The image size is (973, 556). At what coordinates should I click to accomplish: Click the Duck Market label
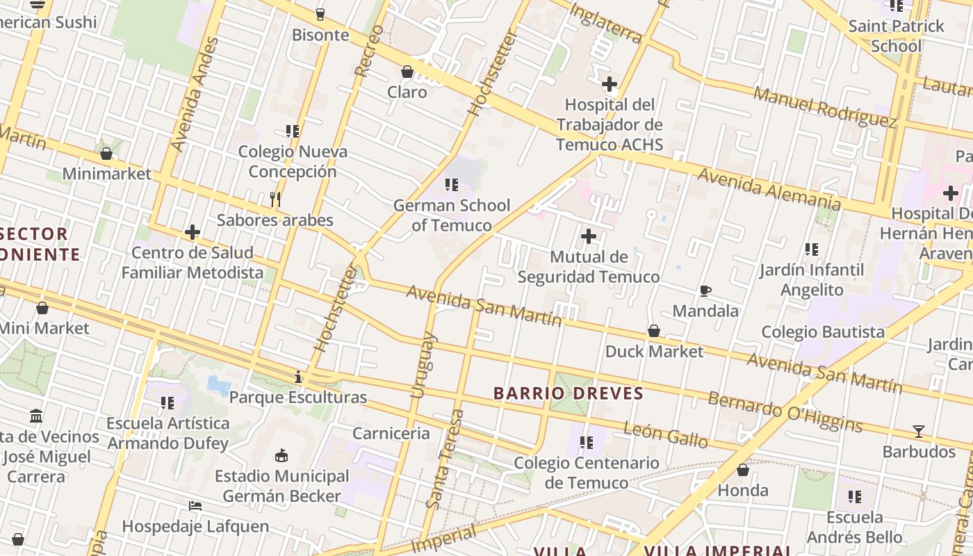654,352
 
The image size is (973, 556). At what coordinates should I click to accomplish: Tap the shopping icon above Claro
407,72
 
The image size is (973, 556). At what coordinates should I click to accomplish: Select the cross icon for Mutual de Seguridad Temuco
589,236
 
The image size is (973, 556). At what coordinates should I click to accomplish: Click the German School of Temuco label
452,215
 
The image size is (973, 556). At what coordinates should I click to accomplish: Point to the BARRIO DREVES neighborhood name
569,393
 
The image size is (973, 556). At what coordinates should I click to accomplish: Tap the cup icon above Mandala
705,291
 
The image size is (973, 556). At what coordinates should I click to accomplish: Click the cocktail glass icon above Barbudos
919,432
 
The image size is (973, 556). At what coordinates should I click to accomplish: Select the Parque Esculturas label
297,398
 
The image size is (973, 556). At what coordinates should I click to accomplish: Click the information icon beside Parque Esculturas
298,377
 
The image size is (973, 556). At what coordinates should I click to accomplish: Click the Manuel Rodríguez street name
825,107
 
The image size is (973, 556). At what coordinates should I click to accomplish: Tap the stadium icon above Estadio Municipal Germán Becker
281,456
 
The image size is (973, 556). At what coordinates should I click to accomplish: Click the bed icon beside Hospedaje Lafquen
195,506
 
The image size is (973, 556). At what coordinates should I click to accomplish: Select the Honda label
743,491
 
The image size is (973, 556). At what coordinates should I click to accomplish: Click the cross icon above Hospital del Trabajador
610,85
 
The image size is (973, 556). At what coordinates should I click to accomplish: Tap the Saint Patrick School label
896,36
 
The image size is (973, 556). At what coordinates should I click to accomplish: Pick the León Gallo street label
665,435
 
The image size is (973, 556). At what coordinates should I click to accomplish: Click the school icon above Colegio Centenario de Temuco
587,442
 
